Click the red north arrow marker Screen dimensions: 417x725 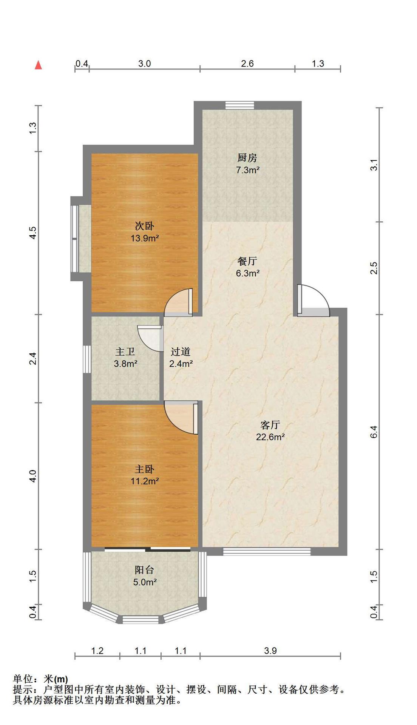tap(38, 65)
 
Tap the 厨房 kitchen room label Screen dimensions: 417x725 tap(247, 157)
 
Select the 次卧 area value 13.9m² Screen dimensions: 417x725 tap(145, 238)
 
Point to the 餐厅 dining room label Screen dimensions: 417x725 tap(247, 261)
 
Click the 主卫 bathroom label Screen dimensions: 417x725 tap(125, 352)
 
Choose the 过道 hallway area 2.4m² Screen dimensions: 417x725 tap(181, 364)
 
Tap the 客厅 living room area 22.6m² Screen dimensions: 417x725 tap(270, 437)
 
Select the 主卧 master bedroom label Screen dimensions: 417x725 tap(145, 469)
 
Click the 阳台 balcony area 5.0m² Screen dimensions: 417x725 tap(145, 582)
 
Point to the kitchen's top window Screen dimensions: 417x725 tap(240, 105)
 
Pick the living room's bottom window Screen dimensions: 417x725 tap(267, 551)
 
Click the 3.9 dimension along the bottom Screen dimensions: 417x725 tap(270, 651)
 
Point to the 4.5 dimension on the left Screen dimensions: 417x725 tap(33, 232)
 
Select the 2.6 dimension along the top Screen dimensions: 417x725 tap(247, 63)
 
